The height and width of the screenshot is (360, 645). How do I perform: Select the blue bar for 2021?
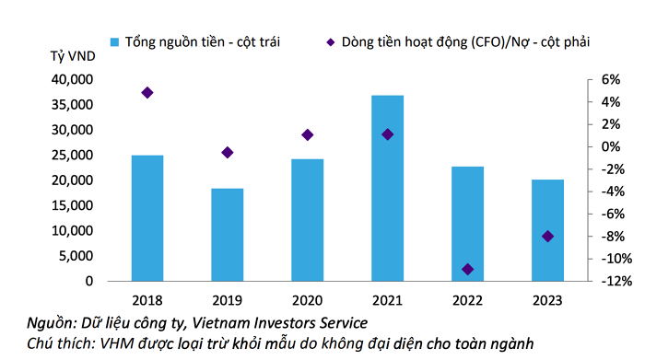click(387, 188)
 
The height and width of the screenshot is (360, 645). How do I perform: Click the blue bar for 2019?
click(227, 235)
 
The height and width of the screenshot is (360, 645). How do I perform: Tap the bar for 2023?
click(547, 230)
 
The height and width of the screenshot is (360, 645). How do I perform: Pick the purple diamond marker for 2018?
click(147, 92)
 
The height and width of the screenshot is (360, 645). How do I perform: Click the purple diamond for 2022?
click(467, 269)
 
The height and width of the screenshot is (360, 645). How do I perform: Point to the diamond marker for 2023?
click(547, 237)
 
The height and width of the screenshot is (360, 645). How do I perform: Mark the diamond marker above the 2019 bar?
click(227, 153)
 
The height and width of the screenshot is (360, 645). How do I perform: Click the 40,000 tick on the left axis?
click(73, 79)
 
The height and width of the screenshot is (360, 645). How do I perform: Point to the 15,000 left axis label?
click(73, 205)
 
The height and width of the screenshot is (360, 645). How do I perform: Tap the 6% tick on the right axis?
click(611, 79)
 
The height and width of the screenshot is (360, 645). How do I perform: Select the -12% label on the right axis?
click(616, 281)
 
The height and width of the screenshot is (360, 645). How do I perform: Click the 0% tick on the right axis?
click(611, 146)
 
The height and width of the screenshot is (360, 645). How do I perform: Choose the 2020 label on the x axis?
click(307, 300)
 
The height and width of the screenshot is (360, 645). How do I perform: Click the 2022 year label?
click(467, 300)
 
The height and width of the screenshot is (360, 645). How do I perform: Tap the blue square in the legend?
click(114, 42)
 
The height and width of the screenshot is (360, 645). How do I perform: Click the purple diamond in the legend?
click(330, 42)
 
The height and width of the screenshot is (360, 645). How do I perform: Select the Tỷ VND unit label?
click(73, 56)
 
